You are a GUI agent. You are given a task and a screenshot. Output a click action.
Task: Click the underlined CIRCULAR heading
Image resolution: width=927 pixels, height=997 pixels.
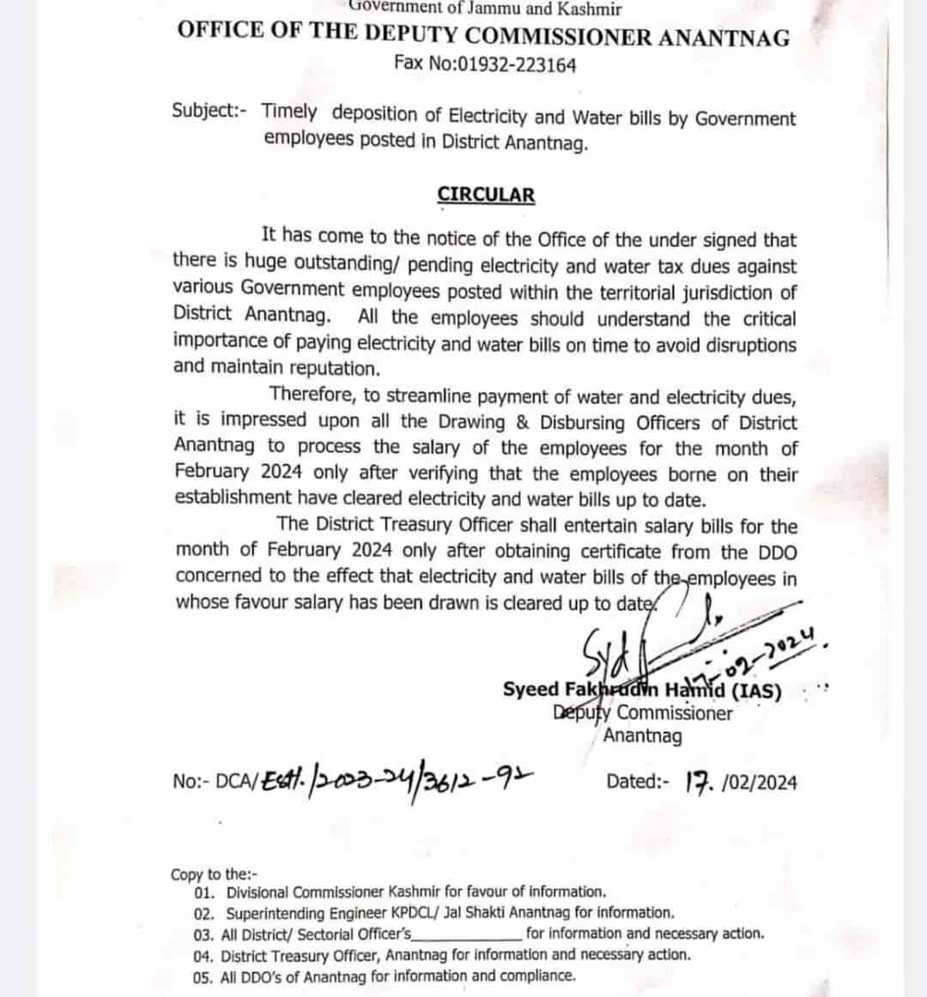[486, 195]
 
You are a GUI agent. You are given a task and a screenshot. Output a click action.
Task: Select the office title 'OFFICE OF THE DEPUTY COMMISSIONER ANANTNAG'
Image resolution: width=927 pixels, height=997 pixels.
[483, 34]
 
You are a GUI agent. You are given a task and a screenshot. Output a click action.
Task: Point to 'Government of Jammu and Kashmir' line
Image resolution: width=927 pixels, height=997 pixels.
[485, 9]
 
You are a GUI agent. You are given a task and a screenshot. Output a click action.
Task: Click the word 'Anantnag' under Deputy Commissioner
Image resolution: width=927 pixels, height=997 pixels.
[643, 735]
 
